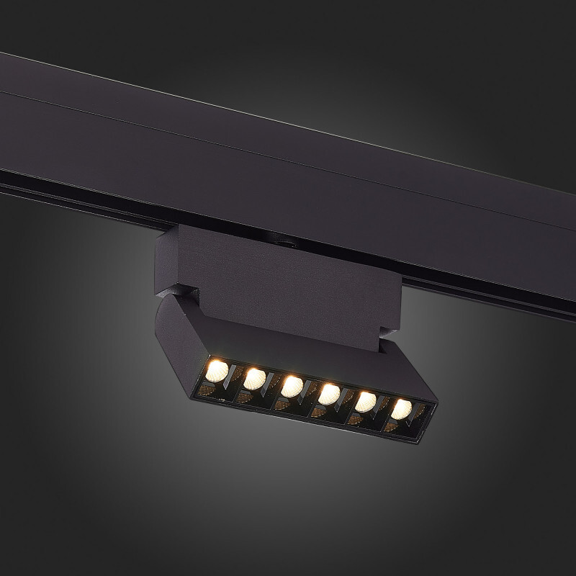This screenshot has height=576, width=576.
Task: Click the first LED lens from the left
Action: click(x=216, y=371)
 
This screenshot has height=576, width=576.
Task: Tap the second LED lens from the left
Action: click(x=253, y=378)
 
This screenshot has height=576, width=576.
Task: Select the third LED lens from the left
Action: click(x=292, y=387)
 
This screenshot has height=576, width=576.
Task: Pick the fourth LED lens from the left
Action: click(x=330, y=393)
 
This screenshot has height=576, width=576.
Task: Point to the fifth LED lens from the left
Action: click(x=366, y=400)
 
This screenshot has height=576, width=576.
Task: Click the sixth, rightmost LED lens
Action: click(x=400, y=408)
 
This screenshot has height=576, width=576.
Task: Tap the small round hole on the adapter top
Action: click(x=286, y=243)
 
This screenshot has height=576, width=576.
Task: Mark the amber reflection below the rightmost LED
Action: click(x=391, y=427)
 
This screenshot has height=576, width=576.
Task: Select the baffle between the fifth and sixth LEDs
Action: click(x=384, y=406)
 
